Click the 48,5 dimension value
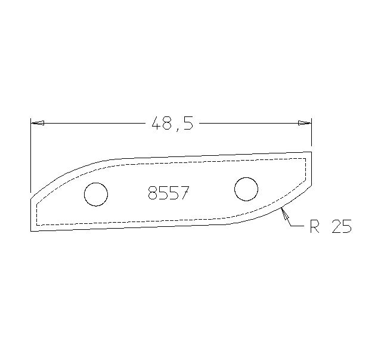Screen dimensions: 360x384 coord(172,124)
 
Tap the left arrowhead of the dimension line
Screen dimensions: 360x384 coord(37,124)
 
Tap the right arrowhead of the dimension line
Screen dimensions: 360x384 coord(305,124)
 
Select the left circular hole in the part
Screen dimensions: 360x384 coord(96,194)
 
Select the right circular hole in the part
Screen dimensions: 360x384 coord(246,189)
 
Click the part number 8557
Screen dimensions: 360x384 coord(168,193)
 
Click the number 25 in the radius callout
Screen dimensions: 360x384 coord(340,227)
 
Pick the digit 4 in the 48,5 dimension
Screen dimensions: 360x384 coord(156,124)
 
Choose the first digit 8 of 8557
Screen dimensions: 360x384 coord(152,193)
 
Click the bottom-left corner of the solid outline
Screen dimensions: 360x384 coord(30,230)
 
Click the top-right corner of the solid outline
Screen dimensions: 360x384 coord(312,152)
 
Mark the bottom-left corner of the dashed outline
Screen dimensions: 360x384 coord(37,224)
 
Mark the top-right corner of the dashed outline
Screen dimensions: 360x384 coord(306,158)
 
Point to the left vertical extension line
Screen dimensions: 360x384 coord(30,155)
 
